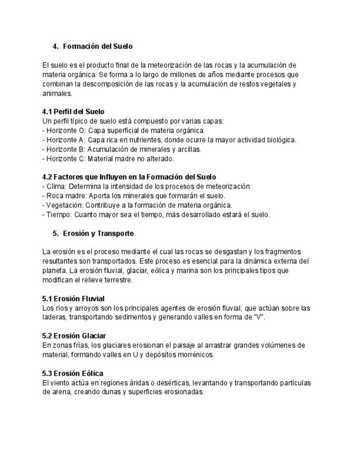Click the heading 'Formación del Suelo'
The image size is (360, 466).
98,46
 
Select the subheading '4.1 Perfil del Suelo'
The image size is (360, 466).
73,112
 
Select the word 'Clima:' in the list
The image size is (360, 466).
56,186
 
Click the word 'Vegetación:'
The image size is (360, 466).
64,205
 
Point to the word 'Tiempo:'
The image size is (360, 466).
59,214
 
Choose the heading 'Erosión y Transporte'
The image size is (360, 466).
98,233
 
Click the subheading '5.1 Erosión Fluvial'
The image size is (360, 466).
73,298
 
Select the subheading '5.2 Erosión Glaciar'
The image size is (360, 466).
74,336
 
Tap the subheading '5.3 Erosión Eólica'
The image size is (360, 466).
73,373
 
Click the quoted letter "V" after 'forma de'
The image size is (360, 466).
258,317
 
